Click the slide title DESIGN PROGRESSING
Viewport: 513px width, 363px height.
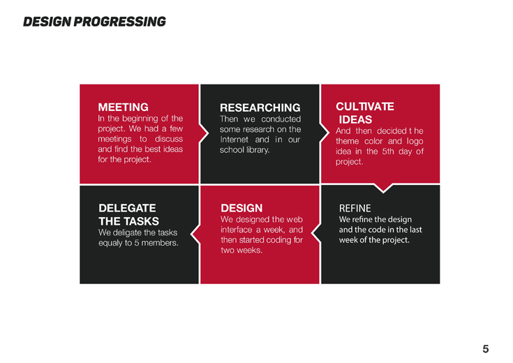click(94, 22)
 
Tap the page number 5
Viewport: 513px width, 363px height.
click(486, 349)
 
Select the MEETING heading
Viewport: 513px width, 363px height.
click(123, 107)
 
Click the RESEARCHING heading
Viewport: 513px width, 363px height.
click(260, 108)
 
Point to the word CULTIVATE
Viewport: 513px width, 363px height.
click(365, 106)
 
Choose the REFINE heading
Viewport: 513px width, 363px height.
click(355, 208)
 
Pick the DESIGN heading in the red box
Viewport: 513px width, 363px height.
click(241, 208)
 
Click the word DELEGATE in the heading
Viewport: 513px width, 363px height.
click(127, 208)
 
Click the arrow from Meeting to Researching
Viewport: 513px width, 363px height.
click(204, 133)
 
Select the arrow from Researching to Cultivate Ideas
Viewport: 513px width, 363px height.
click(325, 133)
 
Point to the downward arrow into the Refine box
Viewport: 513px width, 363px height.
click(383, 188)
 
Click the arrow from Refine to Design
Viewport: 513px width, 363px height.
click(316, 233)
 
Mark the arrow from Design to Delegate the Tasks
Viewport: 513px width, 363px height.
click(195, 234)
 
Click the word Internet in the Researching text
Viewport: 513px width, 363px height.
click(234, 140)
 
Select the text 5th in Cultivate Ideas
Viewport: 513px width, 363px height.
click(388, 151)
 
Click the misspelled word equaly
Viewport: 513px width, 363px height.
click(110, 243)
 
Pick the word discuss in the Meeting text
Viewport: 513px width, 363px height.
click(169, 139)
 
